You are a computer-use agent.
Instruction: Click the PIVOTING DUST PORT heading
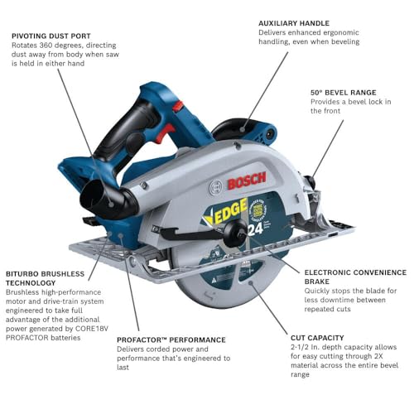51,36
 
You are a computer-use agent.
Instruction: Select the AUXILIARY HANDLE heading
294,23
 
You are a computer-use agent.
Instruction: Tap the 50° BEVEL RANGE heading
344,93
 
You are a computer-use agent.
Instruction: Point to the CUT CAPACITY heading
317,338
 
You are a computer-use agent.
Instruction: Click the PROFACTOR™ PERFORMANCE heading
171,339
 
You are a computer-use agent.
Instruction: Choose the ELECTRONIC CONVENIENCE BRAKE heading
355,277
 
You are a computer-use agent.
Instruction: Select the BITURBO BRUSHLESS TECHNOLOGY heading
45,278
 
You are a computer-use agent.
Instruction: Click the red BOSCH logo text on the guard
247,181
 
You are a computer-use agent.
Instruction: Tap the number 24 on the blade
255,229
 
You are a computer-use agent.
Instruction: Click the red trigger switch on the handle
165,132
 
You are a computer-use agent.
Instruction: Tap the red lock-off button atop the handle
178,106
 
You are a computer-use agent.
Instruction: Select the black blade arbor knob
234,233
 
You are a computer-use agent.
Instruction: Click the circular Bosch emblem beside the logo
216,188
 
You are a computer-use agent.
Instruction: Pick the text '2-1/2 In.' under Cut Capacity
305,347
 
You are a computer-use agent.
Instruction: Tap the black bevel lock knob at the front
311,182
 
